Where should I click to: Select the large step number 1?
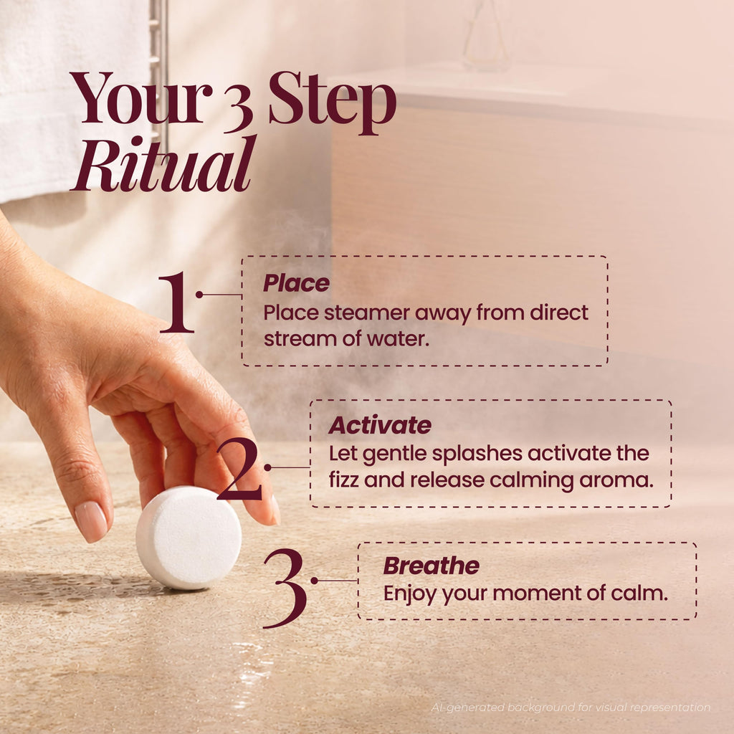pos(176,302)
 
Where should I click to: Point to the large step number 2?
pos(239,469)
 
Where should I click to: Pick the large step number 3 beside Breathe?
pos(285,588)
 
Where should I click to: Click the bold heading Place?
pos(296,283)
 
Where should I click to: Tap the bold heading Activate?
pos(380,425)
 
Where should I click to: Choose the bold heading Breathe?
pos(431,566)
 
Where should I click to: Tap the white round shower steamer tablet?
pos(189,538)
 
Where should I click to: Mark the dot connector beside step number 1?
pos(199,295)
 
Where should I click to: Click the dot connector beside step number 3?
pos(314,581)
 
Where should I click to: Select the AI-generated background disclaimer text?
pos(571,707)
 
